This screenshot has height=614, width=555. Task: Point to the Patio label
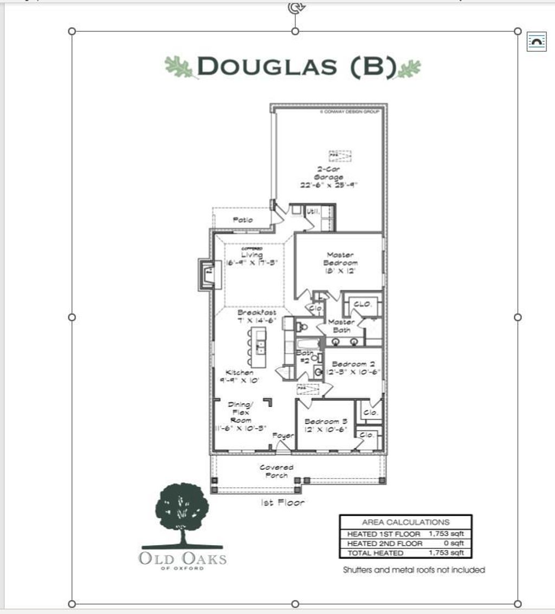243,220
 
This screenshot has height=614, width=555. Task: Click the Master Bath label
341,326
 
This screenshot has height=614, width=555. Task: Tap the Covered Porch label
276,471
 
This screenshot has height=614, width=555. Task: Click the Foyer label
282,436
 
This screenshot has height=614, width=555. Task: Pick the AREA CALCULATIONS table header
405,522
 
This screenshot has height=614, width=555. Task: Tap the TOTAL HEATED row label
375,553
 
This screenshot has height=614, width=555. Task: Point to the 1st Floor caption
283,503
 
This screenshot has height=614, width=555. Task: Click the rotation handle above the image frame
295,8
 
